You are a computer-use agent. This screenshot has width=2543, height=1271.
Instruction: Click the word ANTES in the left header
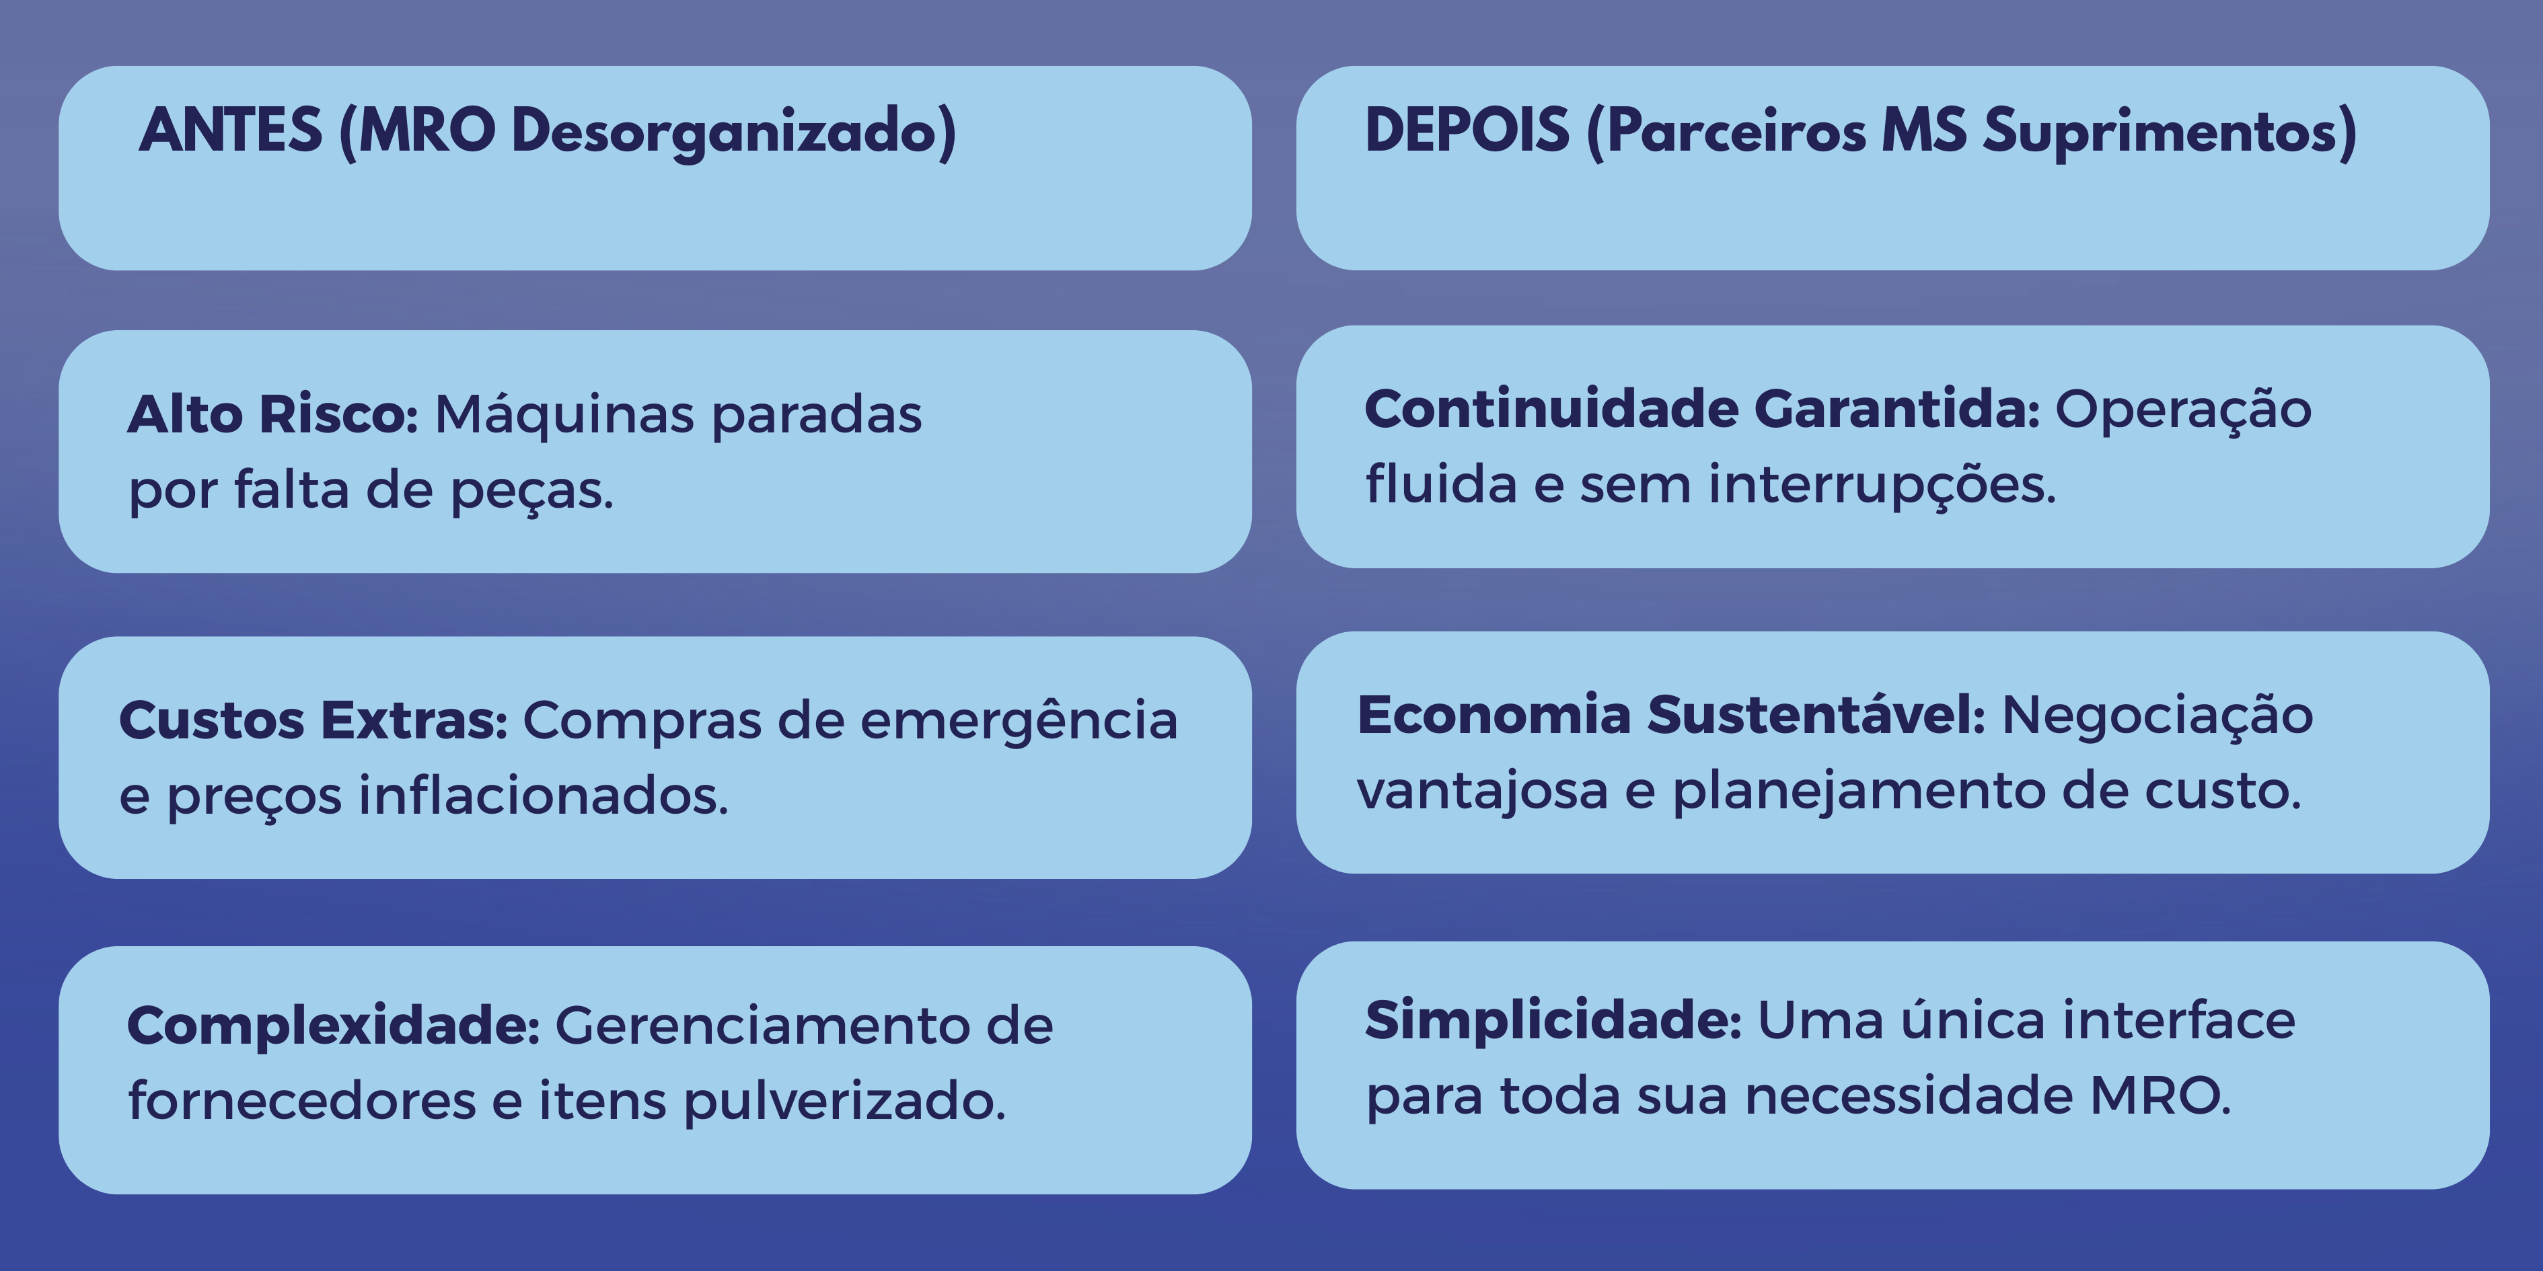[230, 131]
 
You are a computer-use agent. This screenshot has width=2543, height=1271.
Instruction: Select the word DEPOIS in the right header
[1466, 131]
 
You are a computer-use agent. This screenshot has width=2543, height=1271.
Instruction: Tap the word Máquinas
[564, 414]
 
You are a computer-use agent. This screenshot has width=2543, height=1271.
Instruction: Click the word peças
[531, 490]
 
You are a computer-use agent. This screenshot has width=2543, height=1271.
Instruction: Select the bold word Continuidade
[1551, 409]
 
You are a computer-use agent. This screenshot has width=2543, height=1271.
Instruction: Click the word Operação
[2182, 410]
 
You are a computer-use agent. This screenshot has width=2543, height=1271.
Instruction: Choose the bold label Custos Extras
[313, 720]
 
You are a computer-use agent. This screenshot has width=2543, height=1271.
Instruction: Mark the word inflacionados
[543, 796]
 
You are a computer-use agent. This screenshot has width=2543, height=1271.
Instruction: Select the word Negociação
[2157, 716]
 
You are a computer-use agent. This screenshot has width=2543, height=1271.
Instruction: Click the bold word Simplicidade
[1553, 1020]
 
